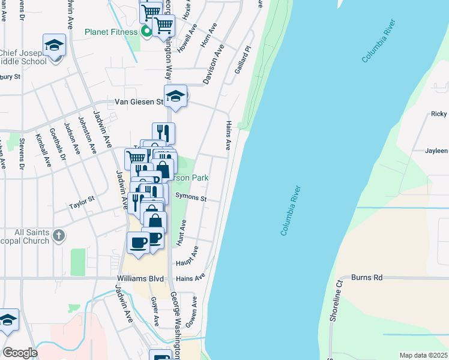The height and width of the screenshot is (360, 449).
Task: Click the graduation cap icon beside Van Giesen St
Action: pyautogui.click(x=175, y=96)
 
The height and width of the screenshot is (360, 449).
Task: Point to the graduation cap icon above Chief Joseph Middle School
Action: pyautogui.click(x=53, y=45)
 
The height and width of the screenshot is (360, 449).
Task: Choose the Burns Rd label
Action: pyautogui.click(x=367, y=278)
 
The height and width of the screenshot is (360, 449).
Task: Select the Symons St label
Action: pyautogui.click(x=191, y=198)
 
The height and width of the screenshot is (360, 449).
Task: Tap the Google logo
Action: pyautogui.click(x=19, y=353)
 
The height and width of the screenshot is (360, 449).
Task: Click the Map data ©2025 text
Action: pyautogui.click(x=423, y=355)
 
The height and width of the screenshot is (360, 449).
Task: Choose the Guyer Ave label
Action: pyautogui.click(x=154, y=311)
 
